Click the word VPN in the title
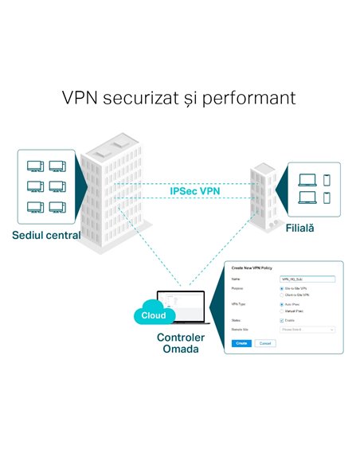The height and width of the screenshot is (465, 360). pyautogui.click(x=82, y=98)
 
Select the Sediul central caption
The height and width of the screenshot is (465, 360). pyautogui.click(x=46, y=236)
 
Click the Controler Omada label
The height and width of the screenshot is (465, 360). pyautogui.click(x=180, y=343)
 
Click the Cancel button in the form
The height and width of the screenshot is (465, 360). pyautogui.click(x=265, y=342)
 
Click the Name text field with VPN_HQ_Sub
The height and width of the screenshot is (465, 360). pyautogui.click(x=307, y=279)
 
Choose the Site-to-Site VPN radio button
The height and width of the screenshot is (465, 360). pyautogui.click(x=282, y=288)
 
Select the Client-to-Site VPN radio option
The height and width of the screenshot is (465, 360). pyautogui.click(x=282, y=295)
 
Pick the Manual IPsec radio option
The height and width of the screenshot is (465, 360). pyautogui.click(x=282, y=311)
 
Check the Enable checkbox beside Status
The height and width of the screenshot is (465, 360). pyautogui.click(x=282, y=321)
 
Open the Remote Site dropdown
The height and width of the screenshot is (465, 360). pyautogui.click(x=307, y=329)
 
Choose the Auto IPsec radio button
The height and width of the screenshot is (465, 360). pyautogui.click(x=282, y=304)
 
